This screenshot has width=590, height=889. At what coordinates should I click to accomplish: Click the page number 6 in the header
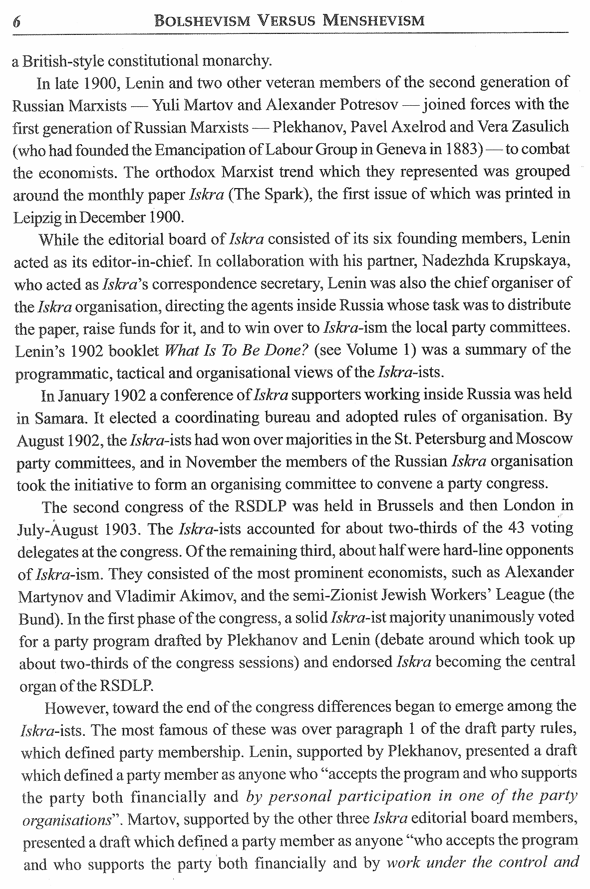click(16, 21)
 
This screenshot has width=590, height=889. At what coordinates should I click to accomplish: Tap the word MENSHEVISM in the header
click(374, 20)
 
